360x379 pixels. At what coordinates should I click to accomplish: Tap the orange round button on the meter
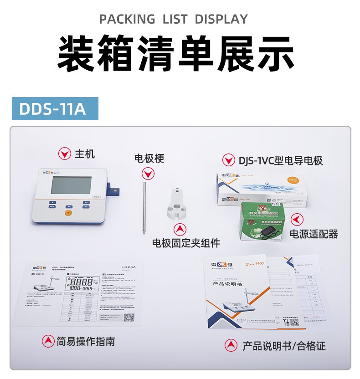(68, 212)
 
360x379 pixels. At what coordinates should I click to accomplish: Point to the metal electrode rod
(144, 207)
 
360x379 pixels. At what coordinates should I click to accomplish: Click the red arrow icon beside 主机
(64, 154)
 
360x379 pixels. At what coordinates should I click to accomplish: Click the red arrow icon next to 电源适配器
(297, 220)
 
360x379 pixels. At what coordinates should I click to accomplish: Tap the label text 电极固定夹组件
(186, 243)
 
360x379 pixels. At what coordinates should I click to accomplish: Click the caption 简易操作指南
(85, 341)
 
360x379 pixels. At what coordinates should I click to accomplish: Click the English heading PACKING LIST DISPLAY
(174, 19)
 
